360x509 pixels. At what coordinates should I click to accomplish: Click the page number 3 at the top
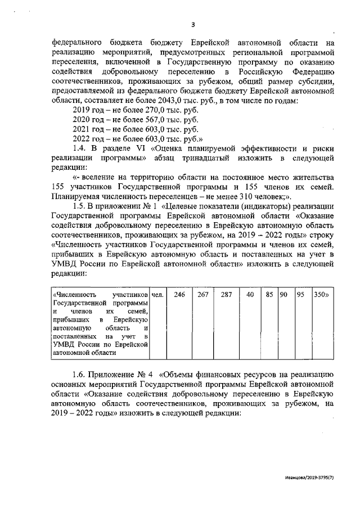pyautogui.click(x=193, y=24)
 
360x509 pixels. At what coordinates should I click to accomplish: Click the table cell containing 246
pyautogui.click(x=179, y=295)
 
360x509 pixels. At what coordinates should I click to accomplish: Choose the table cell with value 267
pyautogui.click(x=203, y=295)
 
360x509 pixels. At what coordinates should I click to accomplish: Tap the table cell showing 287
pyautogui.click(x=227, y=295)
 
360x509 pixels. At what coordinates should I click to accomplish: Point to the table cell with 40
pyautogui.click(x=250, y=295)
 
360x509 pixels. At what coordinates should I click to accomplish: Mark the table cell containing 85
pyautogui.click(x=269, y=295)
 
